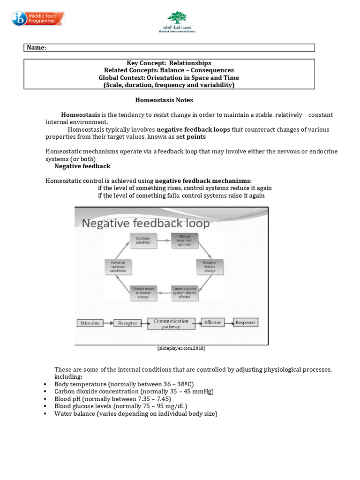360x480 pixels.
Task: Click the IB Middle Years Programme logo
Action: (x=39, y=19)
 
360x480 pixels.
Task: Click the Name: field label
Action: (x=37, y=48)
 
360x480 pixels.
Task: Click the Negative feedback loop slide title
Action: (x=146, y=224)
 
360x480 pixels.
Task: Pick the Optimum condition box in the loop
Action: (x=143, y=240)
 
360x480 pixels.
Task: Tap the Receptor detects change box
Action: (x=210, y=267)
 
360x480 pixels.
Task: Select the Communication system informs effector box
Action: (x=184, y=292)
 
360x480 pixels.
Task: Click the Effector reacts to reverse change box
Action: (x=143, y=292)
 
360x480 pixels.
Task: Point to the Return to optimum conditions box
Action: (x=118, y=267)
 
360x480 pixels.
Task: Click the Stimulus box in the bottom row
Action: (x=90, y=323)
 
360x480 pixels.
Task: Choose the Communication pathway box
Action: (x=171, y=324)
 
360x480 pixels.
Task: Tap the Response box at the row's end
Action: (x=245, y=322)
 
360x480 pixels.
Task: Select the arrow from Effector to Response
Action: (x=229, y=322)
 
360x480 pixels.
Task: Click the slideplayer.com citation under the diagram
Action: (x=181, y=349)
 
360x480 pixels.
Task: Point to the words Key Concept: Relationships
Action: (x=169, y=63)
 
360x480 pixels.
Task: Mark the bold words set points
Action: (x=190, y=137)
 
